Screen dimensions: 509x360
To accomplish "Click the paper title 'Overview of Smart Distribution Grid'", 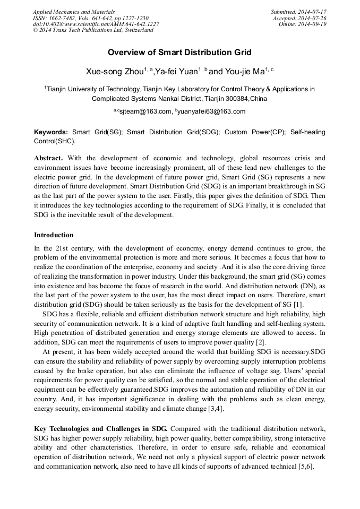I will coord(179,53).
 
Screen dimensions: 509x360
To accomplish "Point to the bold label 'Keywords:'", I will coord(51,132).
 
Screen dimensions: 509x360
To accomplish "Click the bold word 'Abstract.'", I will coord(48,158).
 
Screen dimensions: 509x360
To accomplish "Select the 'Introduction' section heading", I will coord(54,235).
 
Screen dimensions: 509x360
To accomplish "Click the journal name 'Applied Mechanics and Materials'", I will coord(74,12).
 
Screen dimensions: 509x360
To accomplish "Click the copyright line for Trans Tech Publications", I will coord(93,30).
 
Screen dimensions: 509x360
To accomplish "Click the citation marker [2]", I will coord(260,342).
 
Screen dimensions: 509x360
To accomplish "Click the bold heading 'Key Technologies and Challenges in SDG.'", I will coord(101,428).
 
